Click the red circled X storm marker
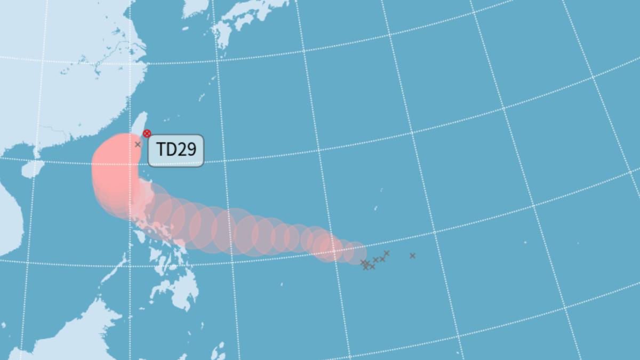pyautogui.click(x=147, y=133)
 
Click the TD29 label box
pyautogui.click(x=175, y=150)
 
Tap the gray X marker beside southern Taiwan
pyautogui.click(x=138, y=145)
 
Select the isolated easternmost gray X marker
pyautogui.click(x=412, y=256)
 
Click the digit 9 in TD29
pyautogui.click(x=190, y=150)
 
